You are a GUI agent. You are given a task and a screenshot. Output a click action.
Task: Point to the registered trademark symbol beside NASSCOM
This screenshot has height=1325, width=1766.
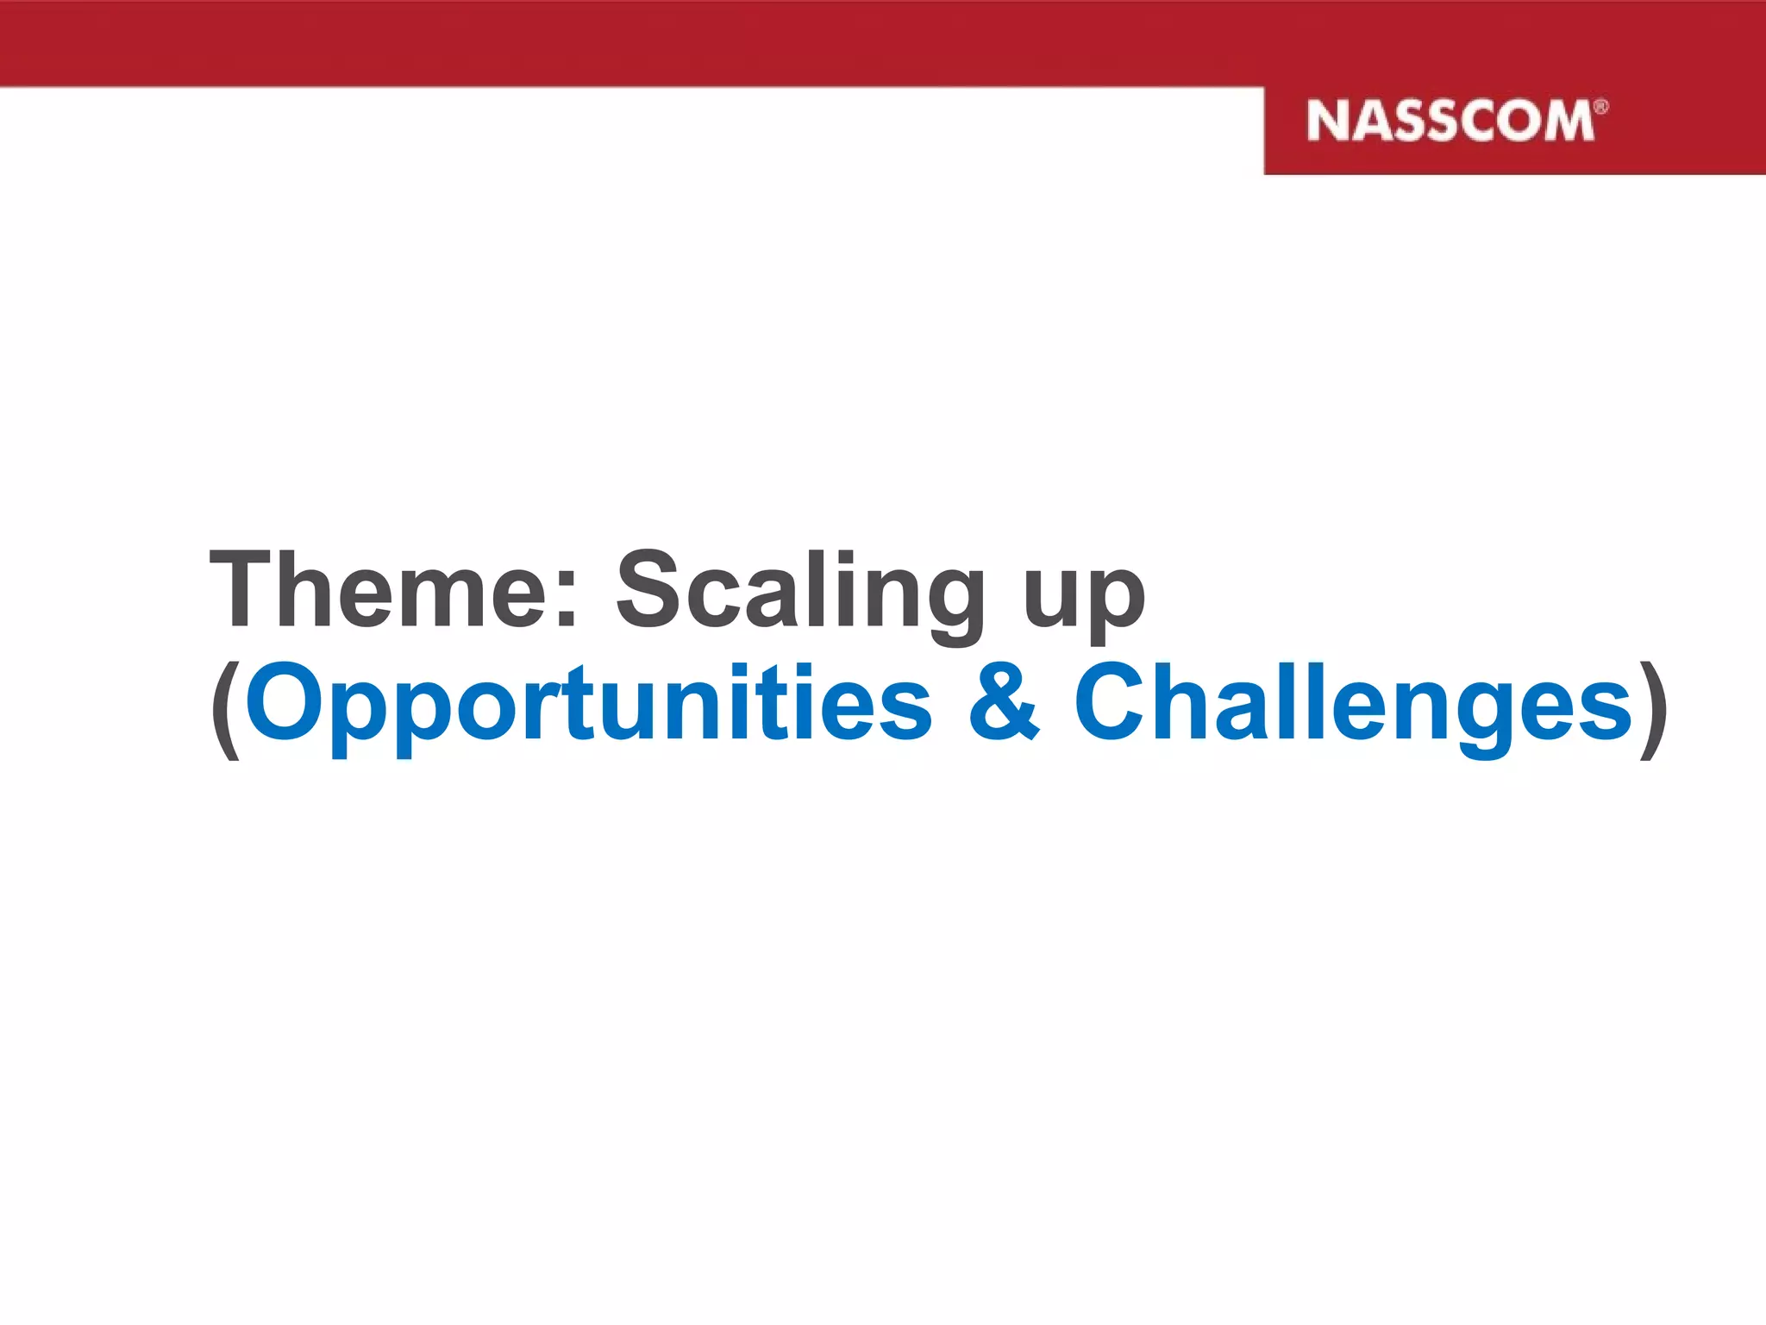(x=1600, y=107)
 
